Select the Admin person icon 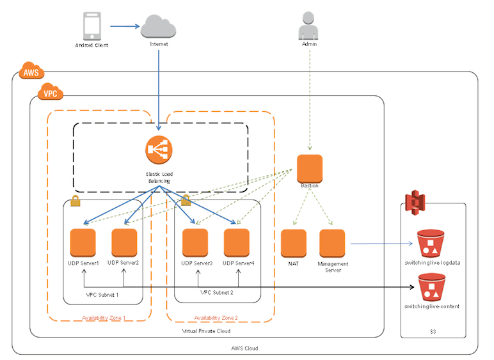point(310,26)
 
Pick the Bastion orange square point(310,168)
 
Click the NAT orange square point(294,242)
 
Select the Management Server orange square point(332,242)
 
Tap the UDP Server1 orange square point(83,242)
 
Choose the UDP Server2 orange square point(124,242)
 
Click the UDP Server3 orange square point(195,242)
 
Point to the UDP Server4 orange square point(237,242)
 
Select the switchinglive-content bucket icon point(431,288)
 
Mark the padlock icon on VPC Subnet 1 point(75,201)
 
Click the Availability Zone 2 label point(216,318)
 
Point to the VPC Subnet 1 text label point(102,294)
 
